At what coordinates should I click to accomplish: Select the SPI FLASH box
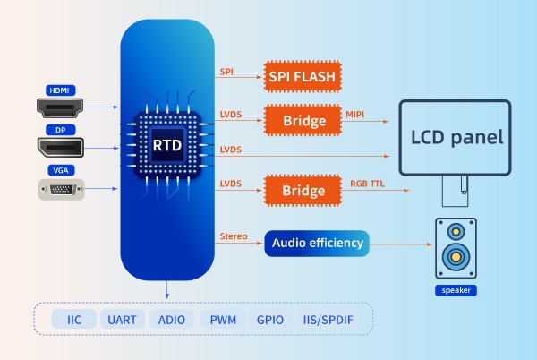point(303,77)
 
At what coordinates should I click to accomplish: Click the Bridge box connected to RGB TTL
point(303,190)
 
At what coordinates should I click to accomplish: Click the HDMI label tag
point(60,90)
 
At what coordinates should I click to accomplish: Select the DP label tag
point(60,130)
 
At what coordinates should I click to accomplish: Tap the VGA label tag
point(60,170)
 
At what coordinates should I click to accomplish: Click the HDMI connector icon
point(61,107)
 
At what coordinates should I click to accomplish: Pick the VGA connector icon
point(61,189)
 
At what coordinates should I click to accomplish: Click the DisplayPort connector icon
point(61,148)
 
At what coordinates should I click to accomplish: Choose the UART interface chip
point(121,319)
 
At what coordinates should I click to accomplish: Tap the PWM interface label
point(223,319)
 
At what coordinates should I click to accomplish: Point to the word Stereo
point(233,236)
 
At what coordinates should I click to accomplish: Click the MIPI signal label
point(356,113)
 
